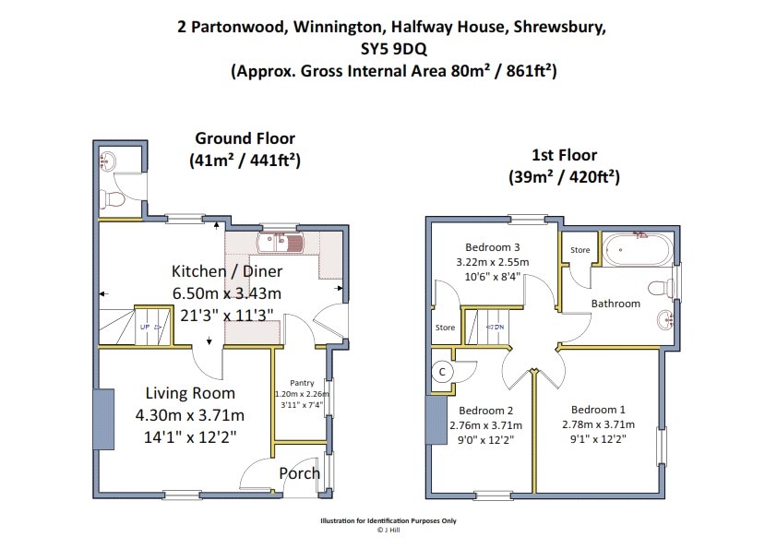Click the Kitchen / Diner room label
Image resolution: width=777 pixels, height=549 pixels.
tap(227, 271)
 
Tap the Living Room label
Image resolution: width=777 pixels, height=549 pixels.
tap(190, 393)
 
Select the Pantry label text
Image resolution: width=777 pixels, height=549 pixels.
tap(302, 383)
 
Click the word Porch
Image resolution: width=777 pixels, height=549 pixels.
tap(299, 473)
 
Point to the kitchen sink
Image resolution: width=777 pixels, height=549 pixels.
tap(280, 243)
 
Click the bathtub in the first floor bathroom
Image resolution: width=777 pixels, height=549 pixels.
tap(638, 249)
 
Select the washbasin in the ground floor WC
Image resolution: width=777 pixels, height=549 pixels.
tap(108, 161)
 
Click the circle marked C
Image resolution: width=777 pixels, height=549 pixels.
tap(443, 372)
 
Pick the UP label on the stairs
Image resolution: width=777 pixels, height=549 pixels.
tap(145, 327)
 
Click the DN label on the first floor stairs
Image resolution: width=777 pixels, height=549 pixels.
tap(498, 327)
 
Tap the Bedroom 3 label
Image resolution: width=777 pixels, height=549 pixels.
tap(493, 247)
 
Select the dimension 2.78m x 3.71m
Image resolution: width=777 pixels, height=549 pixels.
tap(598, 424)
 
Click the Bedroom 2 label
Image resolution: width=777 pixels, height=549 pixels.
tap(485, 411)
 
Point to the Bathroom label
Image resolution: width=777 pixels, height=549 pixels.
tap(616, 304)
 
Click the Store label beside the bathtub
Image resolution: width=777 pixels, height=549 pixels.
tap(580, 250)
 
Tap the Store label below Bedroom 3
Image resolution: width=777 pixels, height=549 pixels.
tap(445, 328)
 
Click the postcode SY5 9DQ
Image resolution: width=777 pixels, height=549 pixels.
tap(394, 49)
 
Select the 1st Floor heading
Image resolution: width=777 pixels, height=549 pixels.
tap(565, 155)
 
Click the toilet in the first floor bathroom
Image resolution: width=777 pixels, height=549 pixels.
tap(660, 288)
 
